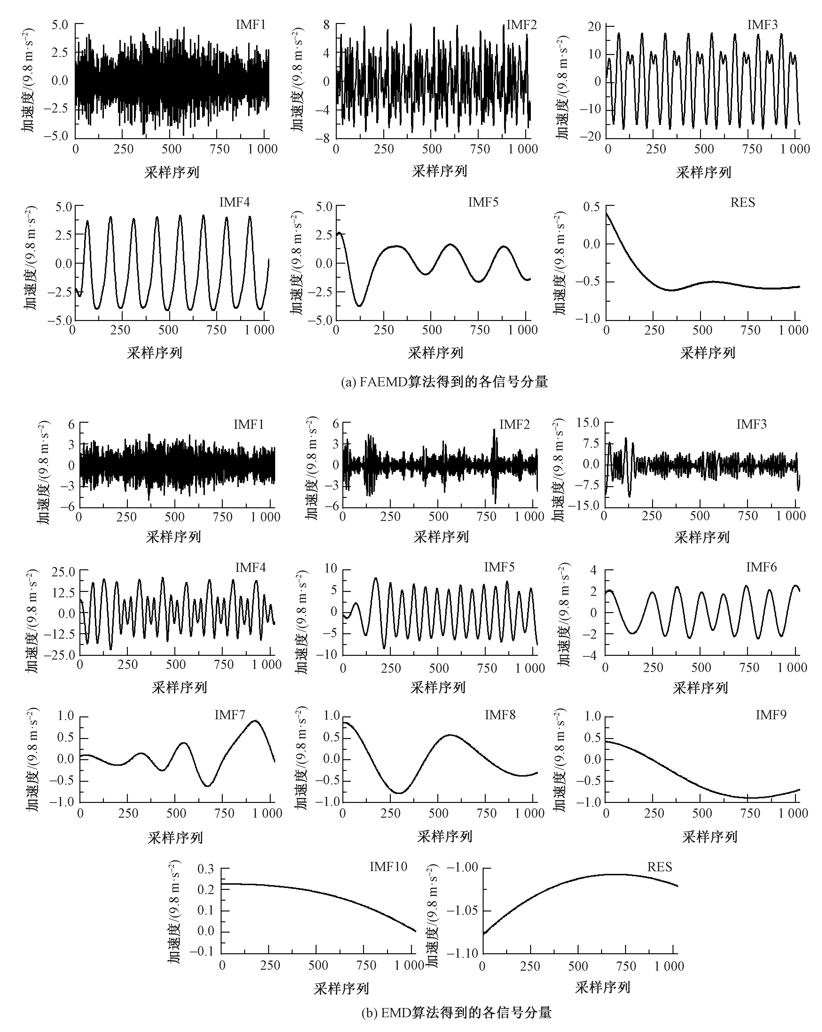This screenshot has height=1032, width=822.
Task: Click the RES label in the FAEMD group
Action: point(743,203)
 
